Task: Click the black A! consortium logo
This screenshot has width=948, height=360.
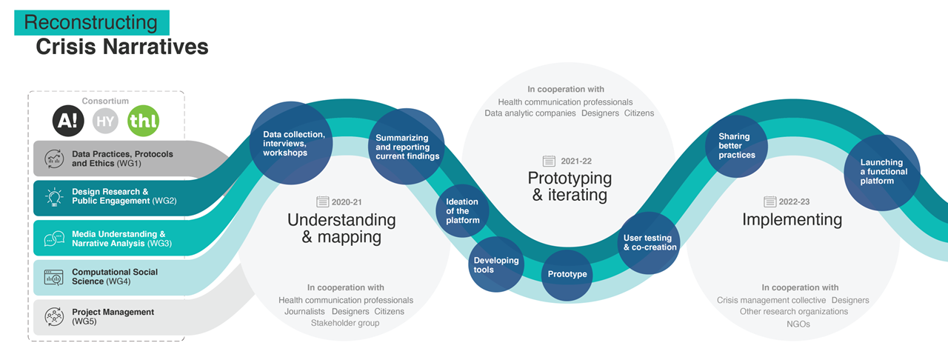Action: coord(68,121)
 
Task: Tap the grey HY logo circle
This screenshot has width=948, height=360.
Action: coord(106,121)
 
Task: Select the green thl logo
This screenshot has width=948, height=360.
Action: coord(143,121)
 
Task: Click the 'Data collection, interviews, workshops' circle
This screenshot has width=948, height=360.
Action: coord(287,144)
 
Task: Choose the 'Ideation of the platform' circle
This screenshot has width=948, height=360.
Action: coord(462,211)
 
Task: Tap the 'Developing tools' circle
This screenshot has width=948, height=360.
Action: coord(496,265)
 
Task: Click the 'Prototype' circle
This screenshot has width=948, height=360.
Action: coord(567,274)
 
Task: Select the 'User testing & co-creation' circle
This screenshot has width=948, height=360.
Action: coord(650,242)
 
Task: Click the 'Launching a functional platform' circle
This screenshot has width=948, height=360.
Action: coord(881,172)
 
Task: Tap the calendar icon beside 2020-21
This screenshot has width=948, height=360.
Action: coord(322,201)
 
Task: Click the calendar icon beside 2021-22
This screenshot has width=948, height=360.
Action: coord(549,161)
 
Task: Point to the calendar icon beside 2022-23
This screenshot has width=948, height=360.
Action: coord(770,201)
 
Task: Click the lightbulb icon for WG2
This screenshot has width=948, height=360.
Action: coord(54,196)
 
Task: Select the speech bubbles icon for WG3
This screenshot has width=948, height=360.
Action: coord(54,239)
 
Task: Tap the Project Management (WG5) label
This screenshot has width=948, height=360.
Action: coord(113,316)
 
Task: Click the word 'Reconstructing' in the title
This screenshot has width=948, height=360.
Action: coord(91,22)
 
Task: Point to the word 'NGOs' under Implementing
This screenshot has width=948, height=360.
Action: coord(798,324)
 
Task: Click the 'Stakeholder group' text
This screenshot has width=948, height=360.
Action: coord(345,323)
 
